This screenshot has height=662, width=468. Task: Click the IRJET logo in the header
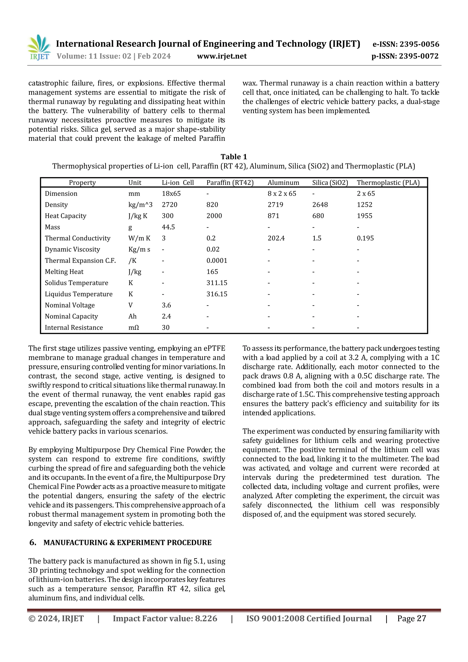[x=39, y=47]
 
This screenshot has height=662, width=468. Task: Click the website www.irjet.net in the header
[x=222, y=56]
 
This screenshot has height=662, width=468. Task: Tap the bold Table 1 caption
[x=234, y=157]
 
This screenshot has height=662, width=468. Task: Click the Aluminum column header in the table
[x=283, y=183]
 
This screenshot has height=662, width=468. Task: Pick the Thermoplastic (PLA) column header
[x=388, y=183]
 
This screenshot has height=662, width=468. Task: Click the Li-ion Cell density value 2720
[x=169, y=205]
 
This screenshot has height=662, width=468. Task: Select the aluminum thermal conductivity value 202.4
[x=276, y=238]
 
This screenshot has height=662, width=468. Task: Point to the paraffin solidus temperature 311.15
[x=217, y=283]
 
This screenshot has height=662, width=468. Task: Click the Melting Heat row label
[x=64, y=272]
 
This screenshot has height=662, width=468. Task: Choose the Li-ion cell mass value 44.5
[x=168, y=227]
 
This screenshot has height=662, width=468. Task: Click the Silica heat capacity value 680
[x=318, y=216]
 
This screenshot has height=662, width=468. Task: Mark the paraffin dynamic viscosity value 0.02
[x=213, y=249]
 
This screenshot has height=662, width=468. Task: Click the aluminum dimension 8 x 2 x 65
[x=282, y=194]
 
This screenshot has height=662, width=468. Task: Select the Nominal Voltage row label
[x=69, y=305]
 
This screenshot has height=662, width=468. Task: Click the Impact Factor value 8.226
[x=206, y=618]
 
